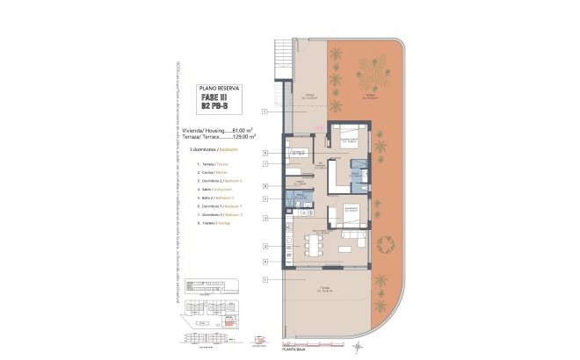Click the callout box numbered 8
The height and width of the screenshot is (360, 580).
tap(265, 186)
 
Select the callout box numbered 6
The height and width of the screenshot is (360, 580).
tap(265, 153)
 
